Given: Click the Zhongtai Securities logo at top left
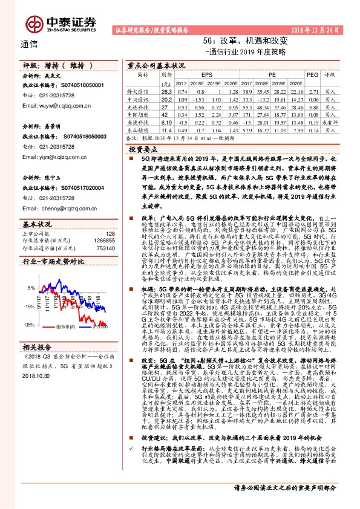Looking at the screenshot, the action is tap(61, 24).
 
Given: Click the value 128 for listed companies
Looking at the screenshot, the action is tap(110, 233).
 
